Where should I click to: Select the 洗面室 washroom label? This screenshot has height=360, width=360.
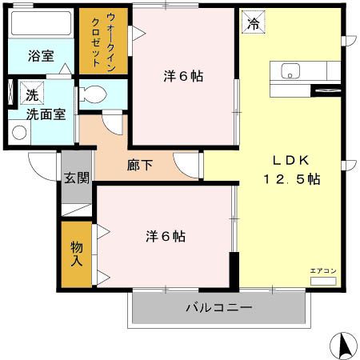[x=39, y=114]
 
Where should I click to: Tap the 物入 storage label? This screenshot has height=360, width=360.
[x=77, y=254]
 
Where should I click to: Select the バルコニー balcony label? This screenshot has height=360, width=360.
[x=218, y=307]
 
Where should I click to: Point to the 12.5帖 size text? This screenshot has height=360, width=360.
[x=292, y=179]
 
